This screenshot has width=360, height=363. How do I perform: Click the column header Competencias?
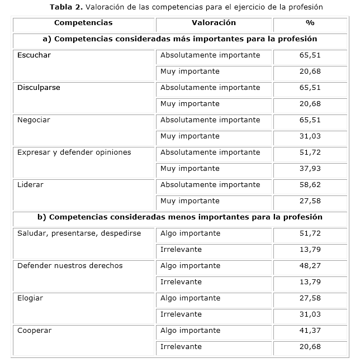point(83,23)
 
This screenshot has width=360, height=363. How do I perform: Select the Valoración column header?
point(214,23)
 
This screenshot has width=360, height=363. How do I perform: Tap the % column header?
point(310,23)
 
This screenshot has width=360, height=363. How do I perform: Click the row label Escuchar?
point(34,55)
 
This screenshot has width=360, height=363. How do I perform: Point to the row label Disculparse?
point(39,88)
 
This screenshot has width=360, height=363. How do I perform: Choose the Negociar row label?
point(34,120)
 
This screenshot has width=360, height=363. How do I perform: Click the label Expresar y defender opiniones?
point(74,152)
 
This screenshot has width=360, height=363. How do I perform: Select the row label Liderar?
point(30,185)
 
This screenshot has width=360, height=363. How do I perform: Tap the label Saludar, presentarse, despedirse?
point(79,233)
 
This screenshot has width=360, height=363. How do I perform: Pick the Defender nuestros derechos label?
point(70,266)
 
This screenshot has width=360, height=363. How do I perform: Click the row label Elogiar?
point(30,298)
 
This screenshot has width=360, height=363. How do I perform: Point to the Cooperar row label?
point(34,331)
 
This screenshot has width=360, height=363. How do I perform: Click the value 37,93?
point(310,169)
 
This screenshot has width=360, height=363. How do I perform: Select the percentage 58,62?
point(310,185)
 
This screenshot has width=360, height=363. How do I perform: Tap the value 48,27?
point(310,266)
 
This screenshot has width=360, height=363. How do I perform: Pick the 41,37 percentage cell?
point(310,331)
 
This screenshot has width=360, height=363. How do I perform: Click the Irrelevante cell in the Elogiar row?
point(181,314)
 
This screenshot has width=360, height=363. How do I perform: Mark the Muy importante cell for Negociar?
point(190,136)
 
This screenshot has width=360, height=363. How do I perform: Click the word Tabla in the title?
point(61,7)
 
